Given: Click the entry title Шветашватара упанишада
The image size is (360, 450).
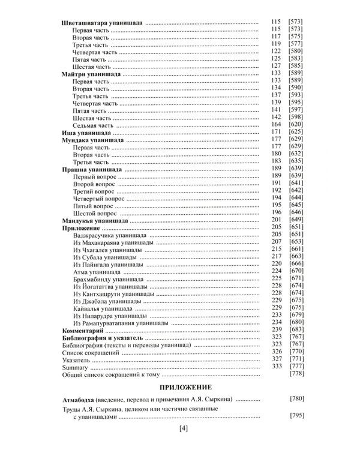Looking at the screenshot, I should [102, 22].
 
